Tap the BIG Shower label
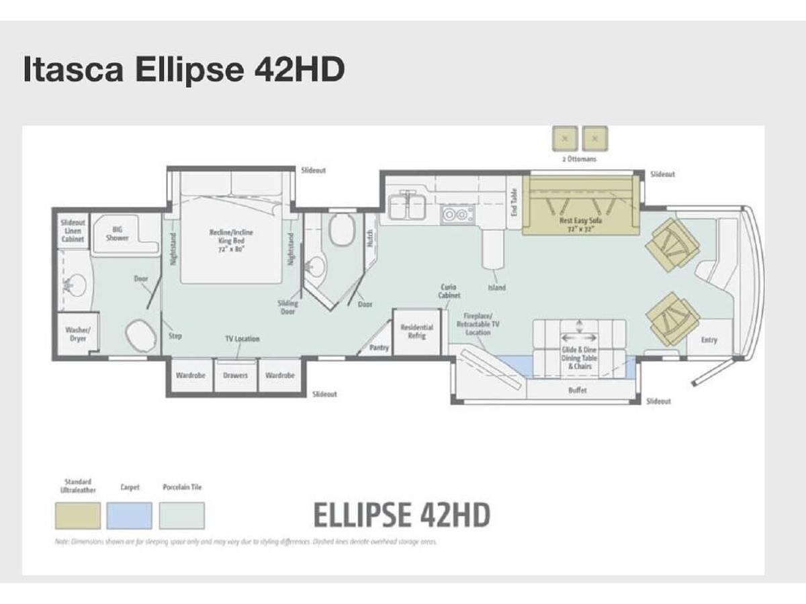click(117, 234)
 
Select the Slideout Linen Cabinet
click(73, 230)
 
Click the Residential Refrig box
click(416, 332)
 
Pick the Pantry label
click(379, 348)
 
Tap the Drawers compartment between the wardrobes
click(235, 375)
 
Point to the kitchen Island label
click(497, 288)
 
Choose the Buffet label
click(577, 390)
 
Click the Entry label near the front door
click(709, 340)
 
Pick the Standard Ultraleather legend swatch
click(78, 515)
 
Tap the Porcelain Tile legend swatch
click(181, 515)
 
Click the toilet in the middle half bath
click(341, 230)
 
